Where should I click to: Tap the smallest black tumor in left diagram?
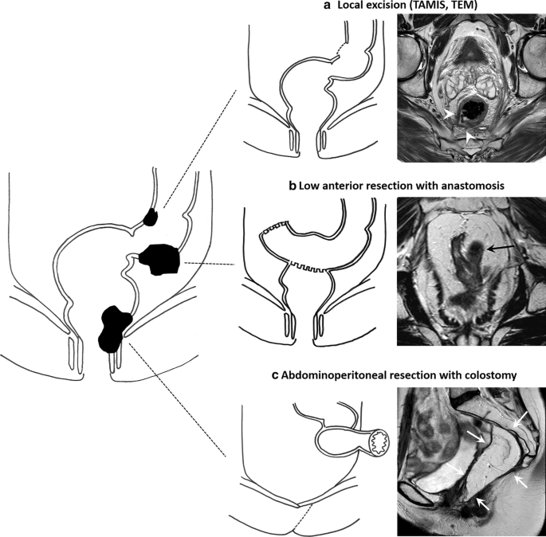[151, 215]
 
